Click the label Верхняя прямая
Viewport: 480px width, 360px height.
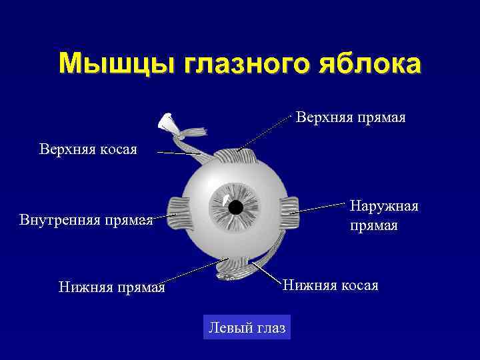[x=351, y=118]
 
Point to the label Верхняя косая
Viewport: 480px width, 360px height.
[x=88, y=149]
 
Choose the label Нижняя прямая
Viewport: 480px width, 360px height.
[x=111, y=287]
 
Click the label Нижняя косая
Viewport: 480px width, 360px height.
[x=330, y=285]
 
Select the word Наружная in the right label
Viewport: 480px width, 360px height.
[x=384, y=206]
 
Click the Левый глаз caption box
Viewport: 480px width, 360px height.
[x=247, y=327]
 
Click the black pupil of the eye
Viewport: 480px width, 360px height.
[x=235, y=208]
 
